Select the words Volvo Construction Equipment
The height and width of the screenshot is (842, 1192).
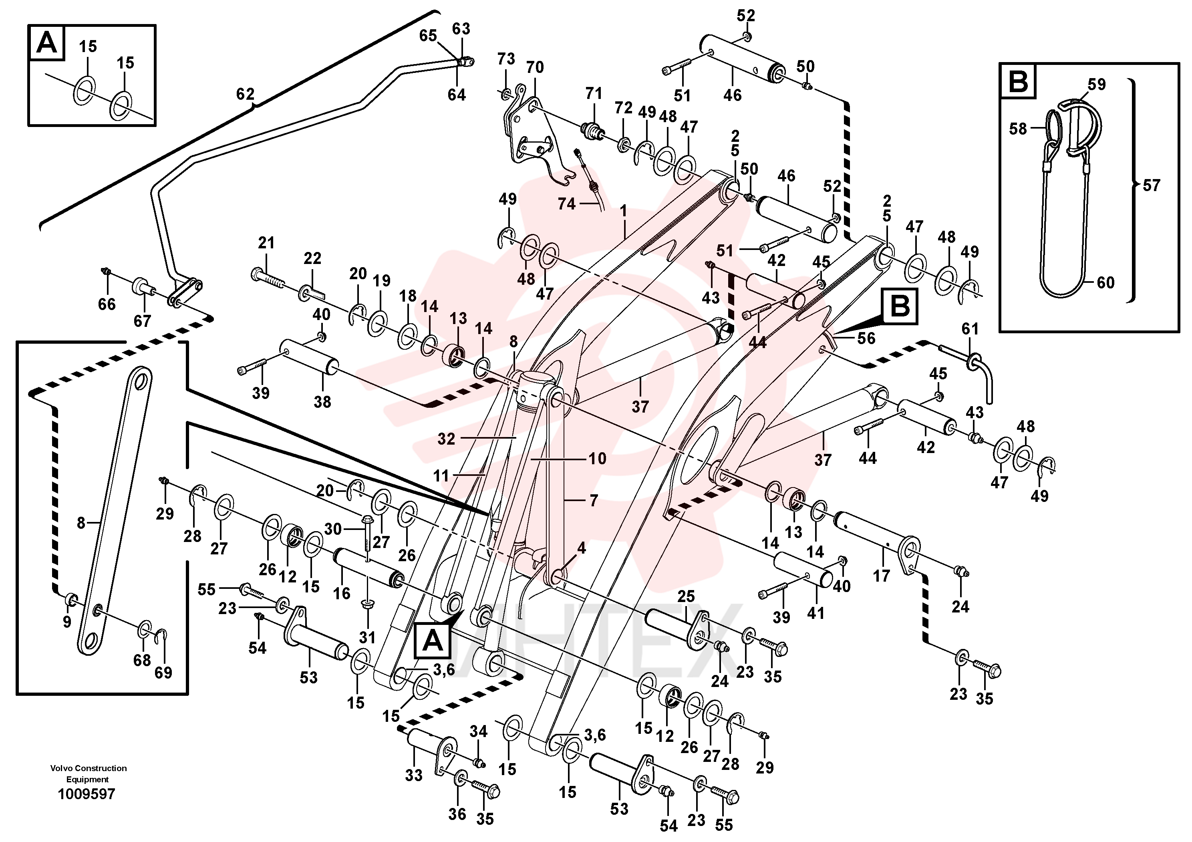click(88, 774)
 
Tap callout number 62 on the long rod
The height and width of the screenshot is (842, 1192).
click(245, 94)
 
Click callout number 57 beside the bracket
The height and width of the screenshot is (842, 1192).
click(1151, 185)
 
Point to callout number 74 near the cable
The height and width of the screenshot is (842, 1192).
click(566, 203)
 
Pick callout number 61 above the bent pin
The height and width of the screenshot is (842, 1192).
click(970, 328)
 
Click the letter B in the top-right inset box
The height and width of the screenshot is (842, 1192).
click(1017, 81)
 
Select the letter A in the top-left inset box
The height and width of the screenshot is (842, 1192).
click(47, 42)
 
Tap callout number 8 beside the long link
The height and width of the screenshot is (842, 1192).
click(81, 523)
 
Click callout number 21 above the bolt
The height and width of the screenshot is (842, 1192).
click(266, 242)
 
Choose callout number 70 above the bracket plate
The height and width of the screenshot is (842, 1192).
click(535, 67)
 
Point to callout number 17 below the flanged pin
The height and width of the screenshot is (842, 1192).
click(881, 575)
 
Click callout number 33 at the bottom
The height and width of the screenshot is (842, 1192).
click(414, 776)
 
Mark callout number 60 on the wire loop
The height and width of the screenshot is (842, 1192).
click(1105, 282)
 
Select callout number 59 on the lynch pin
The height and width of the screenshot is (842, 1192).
click(1097, 84)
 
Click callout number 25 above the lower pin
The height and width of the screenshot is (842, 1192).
click(686, 596)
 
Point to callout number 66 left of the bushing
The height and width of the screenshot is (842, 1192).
click(107, 304)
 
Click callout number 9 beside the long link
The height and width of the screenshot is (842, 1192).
click(66, 621)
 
